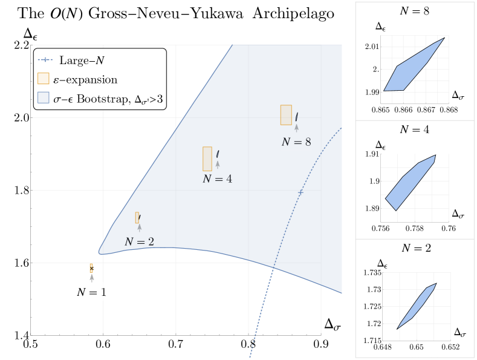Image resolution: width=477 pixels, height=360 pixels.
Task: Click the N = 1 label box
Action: pyautogui.click(x=92, y=292)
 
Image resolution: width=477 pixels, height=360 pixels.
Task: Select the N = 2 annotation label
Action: pyautogui.click(x=139, y=241)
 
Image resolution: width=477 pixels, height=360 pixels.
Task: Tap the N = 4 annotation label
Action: pyautogui.click(x=217, y=178)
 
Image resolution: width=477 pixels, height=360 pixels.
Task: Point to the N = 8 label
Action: pyautogui.click(x=296, y=142)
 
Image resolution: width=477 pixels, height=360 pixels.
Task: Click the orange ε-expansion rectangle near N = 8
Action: pyautogui.click(x=286, y=115)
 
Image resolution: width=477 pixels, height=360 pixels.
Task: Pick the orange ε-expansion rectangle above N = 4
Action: pyautogui.click(x=207, y=158)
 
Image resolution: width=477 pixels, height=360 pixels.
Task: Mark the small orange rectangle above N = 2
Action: pyautogui.click(x=137, y=218)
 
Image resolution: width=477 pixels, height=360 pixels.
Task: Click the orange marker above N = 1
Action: pyautogui.click(x=91, y=267)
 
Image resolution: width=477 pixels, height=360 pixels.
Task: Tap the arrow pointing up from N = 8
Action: pyautogui.click(x=296, y=128)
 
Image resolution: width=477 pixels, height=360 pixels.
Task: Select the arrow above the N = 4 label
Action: pyautogui.click(x=217, y=164)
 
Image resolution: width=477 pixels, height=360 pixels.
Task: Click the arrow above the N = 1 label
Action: pyautogui.click(x=92, y=277)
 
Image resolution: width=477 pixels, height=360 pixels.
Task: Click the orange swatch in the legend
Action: pyautogui.click(x=44, y=79)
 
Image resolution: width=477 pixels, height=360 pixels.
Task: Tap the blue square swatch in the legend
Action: pyautogui.click(x=44, y=97)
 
